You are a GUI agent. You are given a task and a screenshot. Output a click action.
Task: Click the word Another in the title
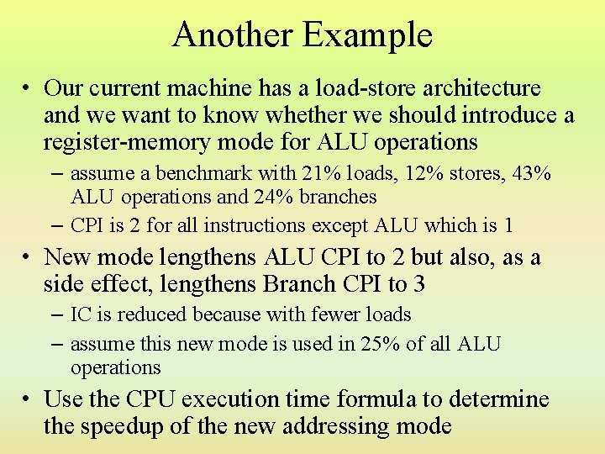[x=231, y=34]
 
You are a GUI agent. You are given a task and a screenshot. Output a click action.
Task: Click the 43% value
[x=531, y=174]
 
